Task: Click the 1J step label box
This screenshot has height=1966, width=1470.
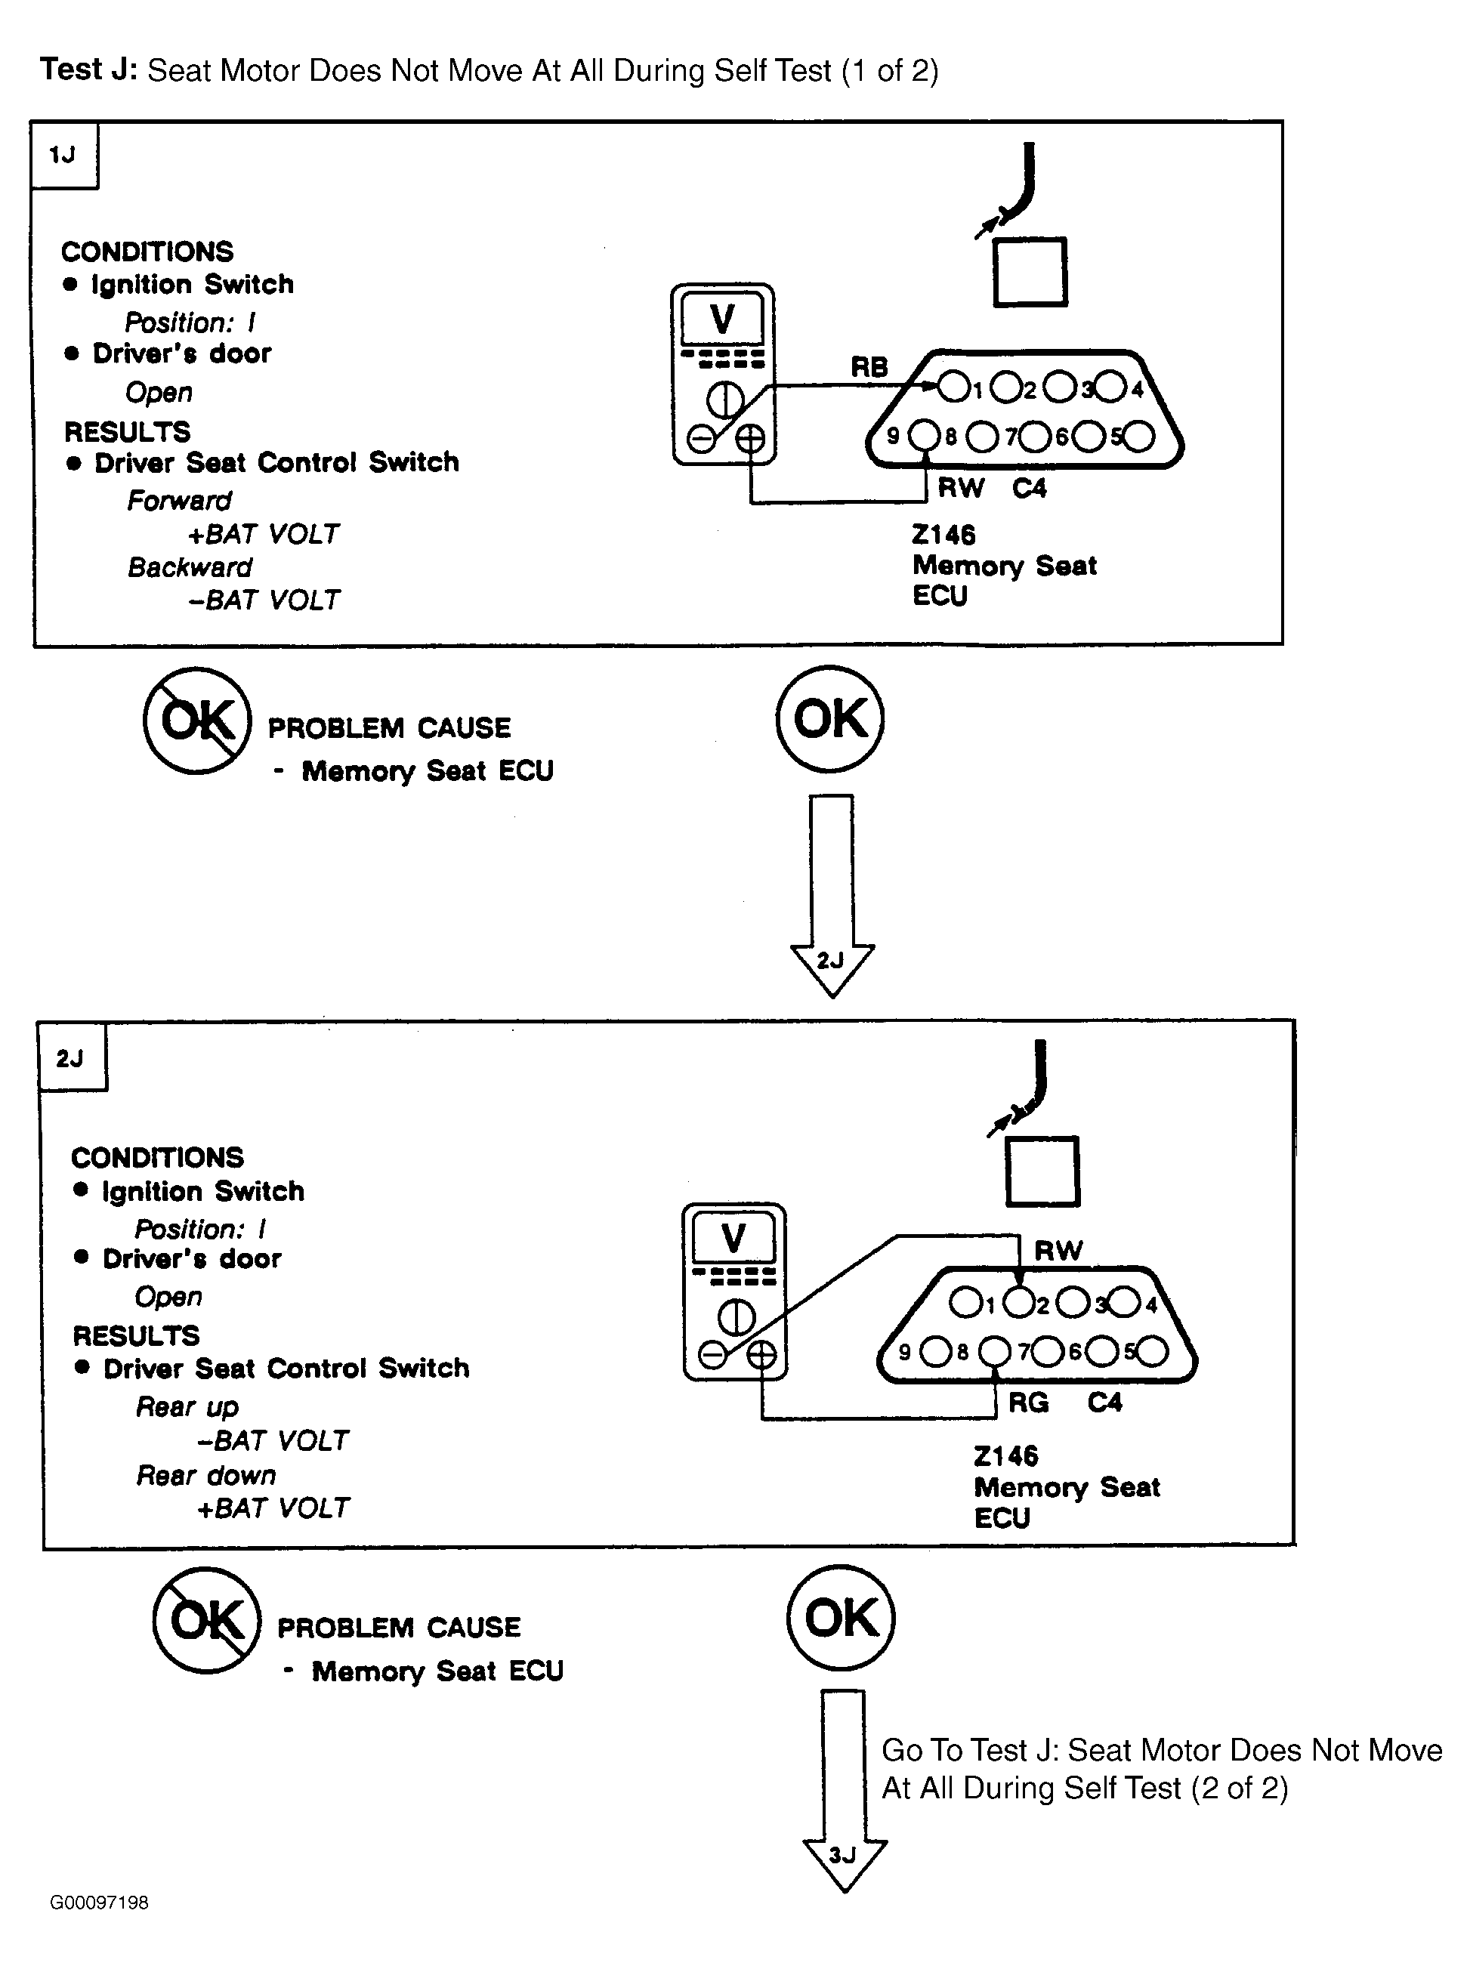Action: pyautogui.click(x=64, y=155)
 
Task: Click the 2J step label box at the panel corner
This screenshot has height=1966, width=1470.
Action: pyautogui.click(x=72, y=1057)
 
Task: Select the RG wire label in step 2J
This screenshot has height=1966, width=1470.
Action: pyautogui.click(x=1028, y=1403)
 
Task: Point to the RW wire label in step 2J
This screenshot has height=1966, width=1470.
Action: pyautogui.click(x=1058, y=1251)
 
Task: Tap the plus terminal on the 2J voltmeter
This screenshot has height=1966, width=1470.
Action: pyautogui.click(x=761, y=1354)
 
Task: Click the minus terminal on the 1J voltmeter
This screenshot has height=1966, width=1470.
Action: pyautogui.click(x=702, y=438)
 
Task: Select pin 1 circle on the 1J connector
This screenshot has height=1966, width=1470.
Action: pyautogui.click(x=953, y=387)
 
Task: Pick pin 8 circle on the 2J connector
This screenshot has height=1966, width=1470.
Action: pyautogui.click(x=995, y=1352)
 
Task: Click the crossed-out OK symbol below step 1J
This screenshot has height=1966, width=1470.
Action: pyautogui.click(x=198, y=720)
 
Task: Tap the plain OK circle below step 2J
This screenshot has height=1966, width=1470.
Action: pyautogui.click(x=841, y=1618)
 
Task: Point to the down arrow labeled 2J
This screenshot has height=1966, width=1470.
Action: pyautogui.click(x=832, y=896)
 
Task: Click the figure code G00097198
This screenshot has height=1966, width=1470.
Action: pyautogui.click(x=100, y=1903)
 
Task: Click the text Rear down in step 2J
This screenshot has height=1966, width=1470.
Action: pyautogui.click(x=206, y=1475)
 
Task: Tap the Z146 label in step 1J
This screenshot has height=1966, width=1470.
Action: pyautogui.click(x=943, y=535)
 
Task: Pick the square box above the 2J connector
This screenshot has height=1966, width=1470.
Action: pyautogui.click(x=1042, y=1171)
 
